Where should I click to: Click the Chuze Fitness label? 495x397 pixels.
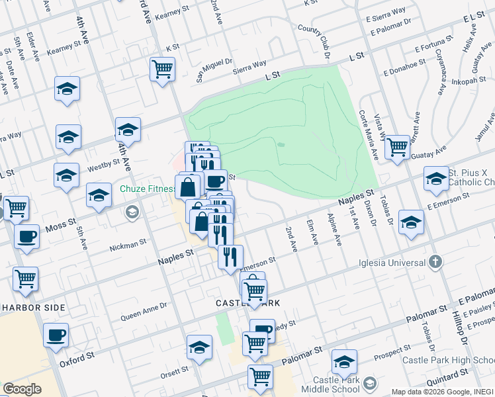[148, 189]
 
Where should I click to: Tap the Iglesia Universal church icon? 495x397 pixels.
[434, 262]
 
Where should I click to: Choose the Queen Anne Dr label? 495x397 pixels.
[144, 310]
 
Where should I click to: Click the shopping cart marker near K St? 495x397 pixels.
[162, 69]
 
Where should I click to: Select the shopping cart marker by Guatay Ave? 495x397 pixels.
[397, 146]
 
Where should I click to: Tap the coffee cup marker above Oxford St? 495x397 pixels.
[56, 334]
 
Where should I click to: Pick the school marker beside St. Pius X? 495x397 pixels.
[436, 178]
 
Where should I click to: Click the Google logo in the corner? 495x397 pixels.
[22, 389]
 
